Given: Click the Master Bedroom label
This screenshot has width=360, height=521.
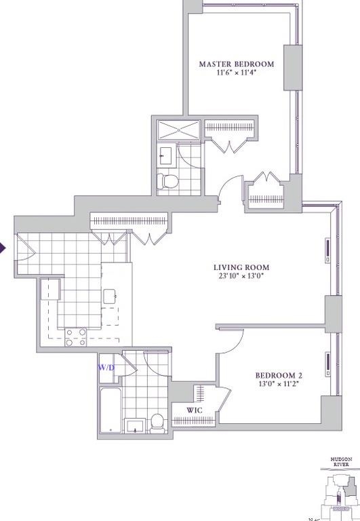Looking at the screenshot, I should coord(236,64).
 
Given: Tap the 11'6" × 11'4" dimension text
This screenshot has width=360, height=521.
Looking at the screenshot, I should coord(236,74).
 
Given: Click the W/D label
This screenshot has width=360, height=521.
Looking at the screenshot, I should coord(106,368).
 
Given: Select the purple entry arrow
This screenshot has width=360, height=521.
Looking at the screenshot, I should coord(3,248).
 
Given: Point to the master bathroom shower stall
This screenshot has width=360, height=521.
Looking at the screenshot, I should coord(179,130).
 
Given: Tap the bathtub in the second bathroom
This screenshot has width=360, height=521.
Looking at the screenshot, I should coord(110,410).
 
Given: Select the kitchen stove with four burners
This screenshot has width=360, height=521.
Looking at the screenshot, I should coord(75,337).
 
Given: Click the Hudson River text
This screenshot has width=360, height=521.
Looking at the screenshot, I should coord(341,462).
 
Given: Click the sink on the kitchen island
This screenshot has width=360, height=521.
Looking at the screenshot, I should coord(110,296).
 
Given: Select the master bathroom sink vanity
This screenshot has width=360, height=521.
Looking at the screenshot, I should coord(165,156).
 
